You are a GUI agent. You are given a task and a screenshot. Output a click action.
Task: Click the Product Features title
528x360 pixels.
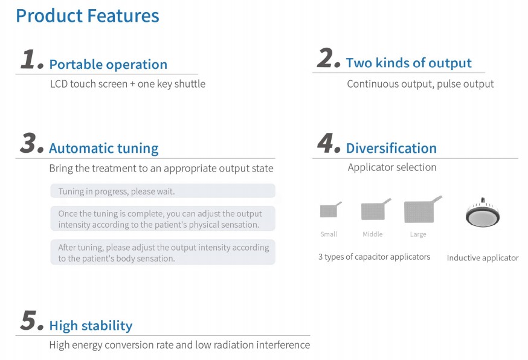click(88, 16)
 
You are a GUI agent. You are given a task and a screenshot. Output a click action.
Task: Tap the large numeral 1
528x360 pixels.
click(31, 59)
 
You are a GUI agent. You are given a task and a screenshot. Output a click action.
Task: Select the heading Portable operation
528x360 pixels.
click(108, 64)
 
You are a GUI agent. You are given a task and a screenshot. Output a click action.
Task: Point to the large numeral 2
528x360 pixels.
click(328, 58)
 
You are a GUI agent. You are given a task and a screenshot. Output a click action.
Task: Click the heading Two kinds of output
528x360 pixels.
click(409, 63)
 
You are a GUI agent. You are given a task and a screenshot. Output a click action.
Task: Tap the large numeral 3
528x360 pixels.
click(31, 143)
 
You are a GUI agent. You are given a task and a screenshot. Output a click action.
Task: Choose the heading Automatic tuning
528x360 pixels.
click(104, 149)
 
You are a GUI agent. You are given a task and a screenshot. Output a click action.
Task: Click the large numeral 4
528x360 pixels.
click(329, 143)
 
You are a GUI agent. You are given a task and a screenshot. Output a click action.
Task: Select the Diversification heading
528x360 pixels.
click(391, 148)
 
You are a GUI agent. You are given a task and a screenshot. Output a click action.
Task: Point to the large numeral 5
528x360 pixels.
click(31, 320)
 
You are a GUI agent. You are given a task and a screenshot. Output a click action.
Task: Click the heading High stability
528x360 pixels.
click(91, 326)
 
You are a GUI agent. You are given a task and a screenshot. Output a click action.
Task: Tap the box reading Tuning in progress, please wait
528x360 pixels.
click(163, 191)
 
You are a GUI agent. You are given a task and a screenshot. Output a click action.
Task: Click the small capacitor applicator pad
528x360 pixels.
click(330, 210)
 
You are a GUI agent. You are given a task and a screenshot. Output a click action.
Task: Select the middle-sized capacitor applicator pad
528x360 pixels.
click(375, 210)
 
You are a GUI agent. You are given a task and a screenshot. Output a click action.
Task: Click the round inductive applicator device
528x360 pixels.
click(483, 213)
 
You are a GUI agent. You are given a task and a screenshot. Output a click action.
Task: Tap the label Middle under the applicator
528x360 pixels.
click(372, 234)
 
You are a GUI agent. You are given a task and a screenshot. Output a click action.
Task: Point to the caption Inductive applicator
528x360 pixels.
click(483, 258)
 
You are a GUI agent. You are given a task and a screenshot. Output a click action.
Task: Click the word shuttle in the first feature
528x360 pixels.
click(190, 84)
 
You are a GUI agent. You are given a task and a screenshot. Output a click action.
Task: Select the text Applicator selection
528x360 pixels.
click(392, 167)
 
